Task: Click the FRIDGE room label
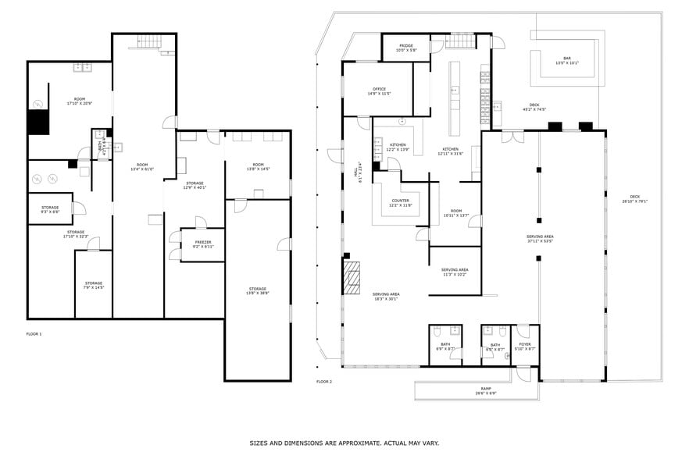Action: pos(406,46)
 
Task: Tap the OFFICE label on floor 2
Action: pos(379,90)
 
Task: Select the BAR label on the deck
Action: pos(567,59)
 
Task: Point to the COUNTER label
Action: pos(400,201)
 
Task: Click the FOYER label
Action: pos(525,344)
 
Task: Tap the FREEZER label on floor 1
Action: pos(203,243)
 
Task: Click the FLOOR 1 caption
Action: pos(34,334)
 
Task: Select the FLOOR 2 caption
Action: pos(324,382)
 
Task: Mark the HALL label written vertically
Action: pos(362,169)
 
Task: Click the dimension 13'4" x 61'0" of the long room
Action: pos(141,169)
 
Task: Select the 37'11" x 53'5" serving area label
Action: pos(540,240)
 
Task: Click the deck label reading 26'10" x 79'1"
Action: pos(634,201)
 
